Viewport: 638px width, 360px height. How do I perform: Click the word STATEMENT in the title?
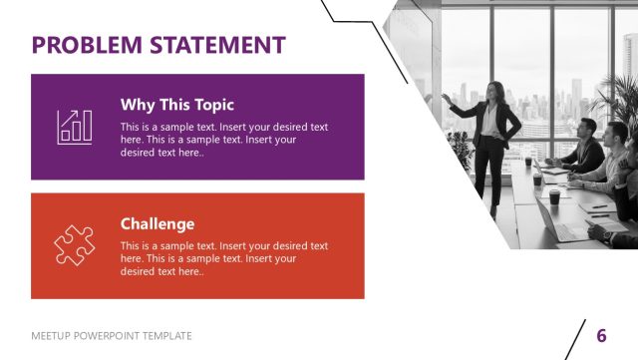point(217,45)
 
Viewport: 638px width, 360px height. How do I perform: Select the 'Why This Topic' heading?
point(177,104)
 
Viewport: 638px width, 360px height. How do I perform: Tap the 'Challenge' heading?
point(158,223)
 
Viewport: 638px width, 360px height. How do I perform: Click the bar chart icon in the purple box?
point(75,127)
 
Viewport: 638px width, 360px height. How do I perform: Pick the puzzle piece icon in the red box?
point(75,245)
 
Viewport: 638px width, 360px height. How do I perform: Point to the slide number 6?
point(601,335)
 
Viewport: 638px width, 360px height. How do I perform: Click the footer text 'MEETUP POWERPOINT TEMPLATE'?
point(112,336)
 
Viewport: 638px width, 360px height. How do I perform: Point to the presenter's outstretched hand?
point(445,97)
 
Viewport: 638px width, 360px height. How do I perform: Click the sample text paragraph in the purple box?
point(223,140)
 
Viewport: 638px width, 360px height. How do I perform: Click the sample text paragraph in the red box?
point(223,258)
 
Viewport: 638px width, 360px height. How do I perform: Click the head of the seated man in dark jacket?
point(586,128)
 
